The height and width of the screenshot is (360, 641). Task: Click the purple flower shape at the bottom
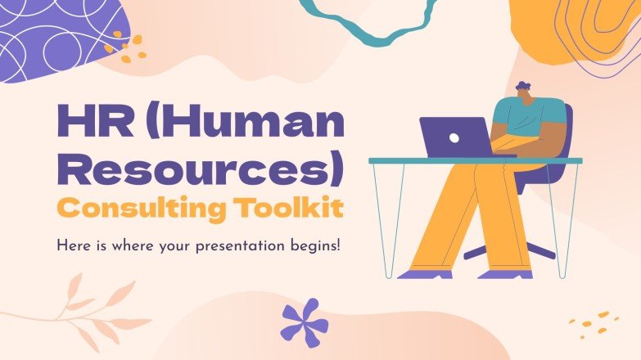click(x=304, y=321)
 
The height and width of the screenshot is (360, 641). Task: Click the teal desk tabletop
click(x=475, y=160)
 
